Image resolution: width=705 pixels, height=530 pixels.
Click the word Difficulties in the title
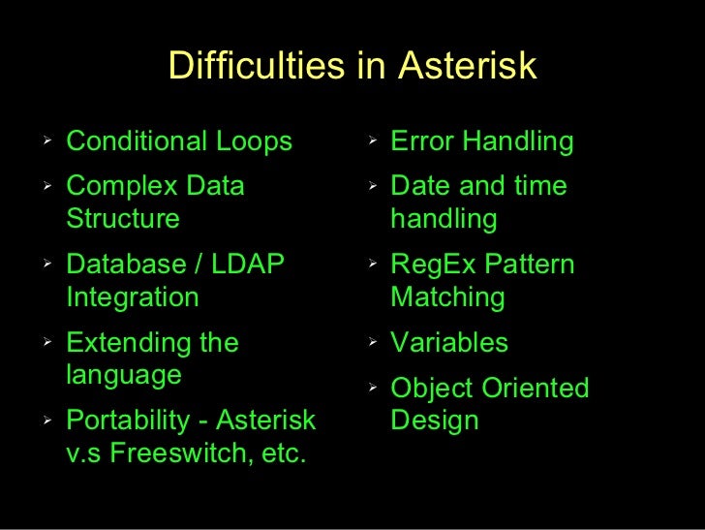click(x=257, y=65)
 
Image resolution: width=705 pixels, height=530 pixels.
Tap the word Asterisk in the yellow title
click(x=468, y=65)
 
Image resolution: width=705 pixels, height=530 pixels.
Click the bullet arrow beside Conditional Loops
click(x=47, y=140)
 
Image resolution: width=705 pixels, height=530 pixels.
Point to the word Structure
click(x=123, y=218)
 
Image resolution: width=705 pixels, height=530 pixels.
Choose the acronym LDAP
click(x=247, y=264)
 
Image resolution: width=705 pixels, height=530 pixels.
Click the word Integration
click(x=133, y=297)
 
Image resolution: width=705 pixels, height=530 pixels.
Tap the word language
click(x=124, y=376)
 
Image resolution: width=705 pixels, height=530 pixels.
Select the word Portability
click(x=128, y=421)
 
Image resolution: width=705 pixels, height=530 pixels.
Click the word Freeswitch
click(x=177, y=452)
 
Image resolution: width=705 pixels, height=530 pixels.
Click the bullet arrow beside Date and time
click(x=372, y=185)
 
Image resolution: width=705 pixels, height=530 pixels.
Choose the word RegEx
click(x=433, y=265)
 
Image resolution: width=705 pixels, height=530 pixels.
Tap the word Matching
click(x=447, y=297)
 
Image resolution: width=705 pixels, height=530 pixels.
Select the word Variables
click(x=449, y=342)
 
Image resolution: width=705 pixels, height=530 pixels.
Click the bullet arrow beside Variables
click(x=372, y=341)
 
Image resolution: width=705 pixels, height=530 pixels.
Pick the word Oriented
click(x=536, y=388)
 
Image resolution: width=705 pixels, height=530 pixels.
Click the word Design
click(x=434, y=421)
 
